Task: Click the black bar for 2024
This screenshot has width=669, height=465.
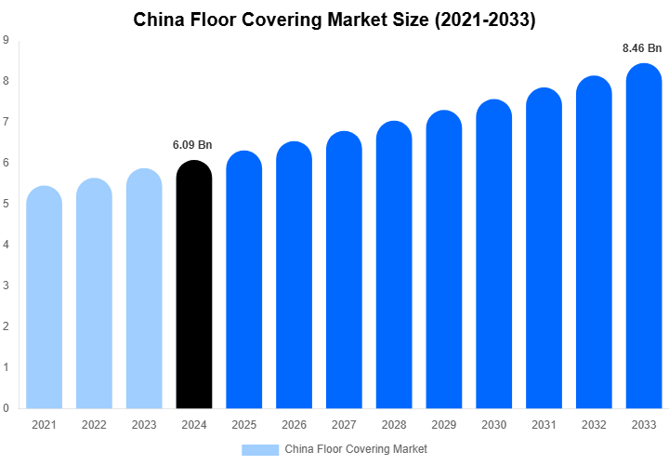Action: point(194,288)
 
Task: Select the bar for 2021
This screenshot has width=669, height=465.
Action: point(44,298)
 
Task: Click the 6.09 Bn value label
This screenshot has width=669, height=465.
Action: point(192,145)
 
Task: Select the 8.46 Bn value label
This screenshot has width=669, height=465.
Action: point(642,47)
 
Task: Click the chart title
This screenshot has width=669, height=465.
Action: point(334,19)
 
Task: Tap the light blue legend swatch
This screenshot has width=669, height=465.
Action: point(260,449)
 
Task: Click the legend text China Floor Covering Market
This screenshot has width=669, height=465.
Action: point(356,449)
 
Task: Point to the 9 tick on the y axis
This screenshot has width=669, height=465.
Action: point(7,40)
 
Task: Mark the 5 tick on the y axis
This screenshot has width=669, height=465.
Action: point(7,204)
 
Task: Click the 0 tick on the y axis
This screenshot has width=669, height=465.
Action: point(7,408)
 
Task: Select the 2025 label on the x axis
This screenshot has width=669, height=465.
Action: point(244,424)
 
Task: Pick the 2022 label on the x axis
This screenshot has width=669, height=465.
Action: point(94,424)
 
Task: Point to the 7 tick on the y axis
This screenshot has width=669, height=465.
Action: point(7,122)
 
